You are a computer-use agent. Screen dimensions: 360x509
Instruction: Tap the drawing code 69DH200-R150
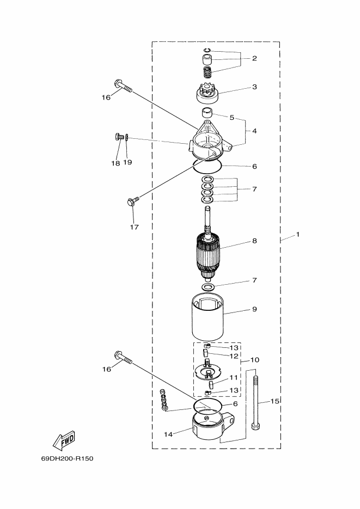(x=67, y=459)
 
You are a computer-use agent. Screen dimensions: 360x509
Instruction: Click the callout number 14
(x=168, y=434)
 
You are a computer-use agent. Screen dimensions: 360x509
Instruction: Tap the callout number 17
(x=135, y=227)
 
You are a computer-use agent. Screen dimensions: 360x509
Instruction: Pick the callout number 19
(x=127, y=162)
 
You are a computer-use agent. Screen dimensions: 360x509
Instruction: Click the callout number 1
(x=298, y=235)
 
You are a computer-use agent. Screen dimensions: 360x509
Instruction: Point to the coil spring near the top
(x=208, y=72)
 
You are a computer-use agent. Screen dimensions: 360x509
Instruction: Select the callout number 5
(x=232, y=118)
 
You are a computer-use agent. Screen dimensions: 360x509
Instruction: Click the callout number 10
(x=255, y=360)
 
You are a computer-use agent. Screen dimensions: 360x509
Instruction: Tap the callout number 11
(x=234, y=377)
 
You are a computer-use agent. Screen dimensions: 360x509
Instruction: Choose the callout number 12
(x=234, y=356)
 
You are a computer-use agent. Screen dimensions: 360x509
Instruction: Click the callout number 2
(x=254, y=58)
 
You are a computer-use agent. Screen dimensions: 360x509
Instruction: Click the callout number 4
(x=254, y=131)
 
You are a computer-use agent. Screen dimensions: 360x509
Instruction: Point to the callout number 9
(x=254, y=309)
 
